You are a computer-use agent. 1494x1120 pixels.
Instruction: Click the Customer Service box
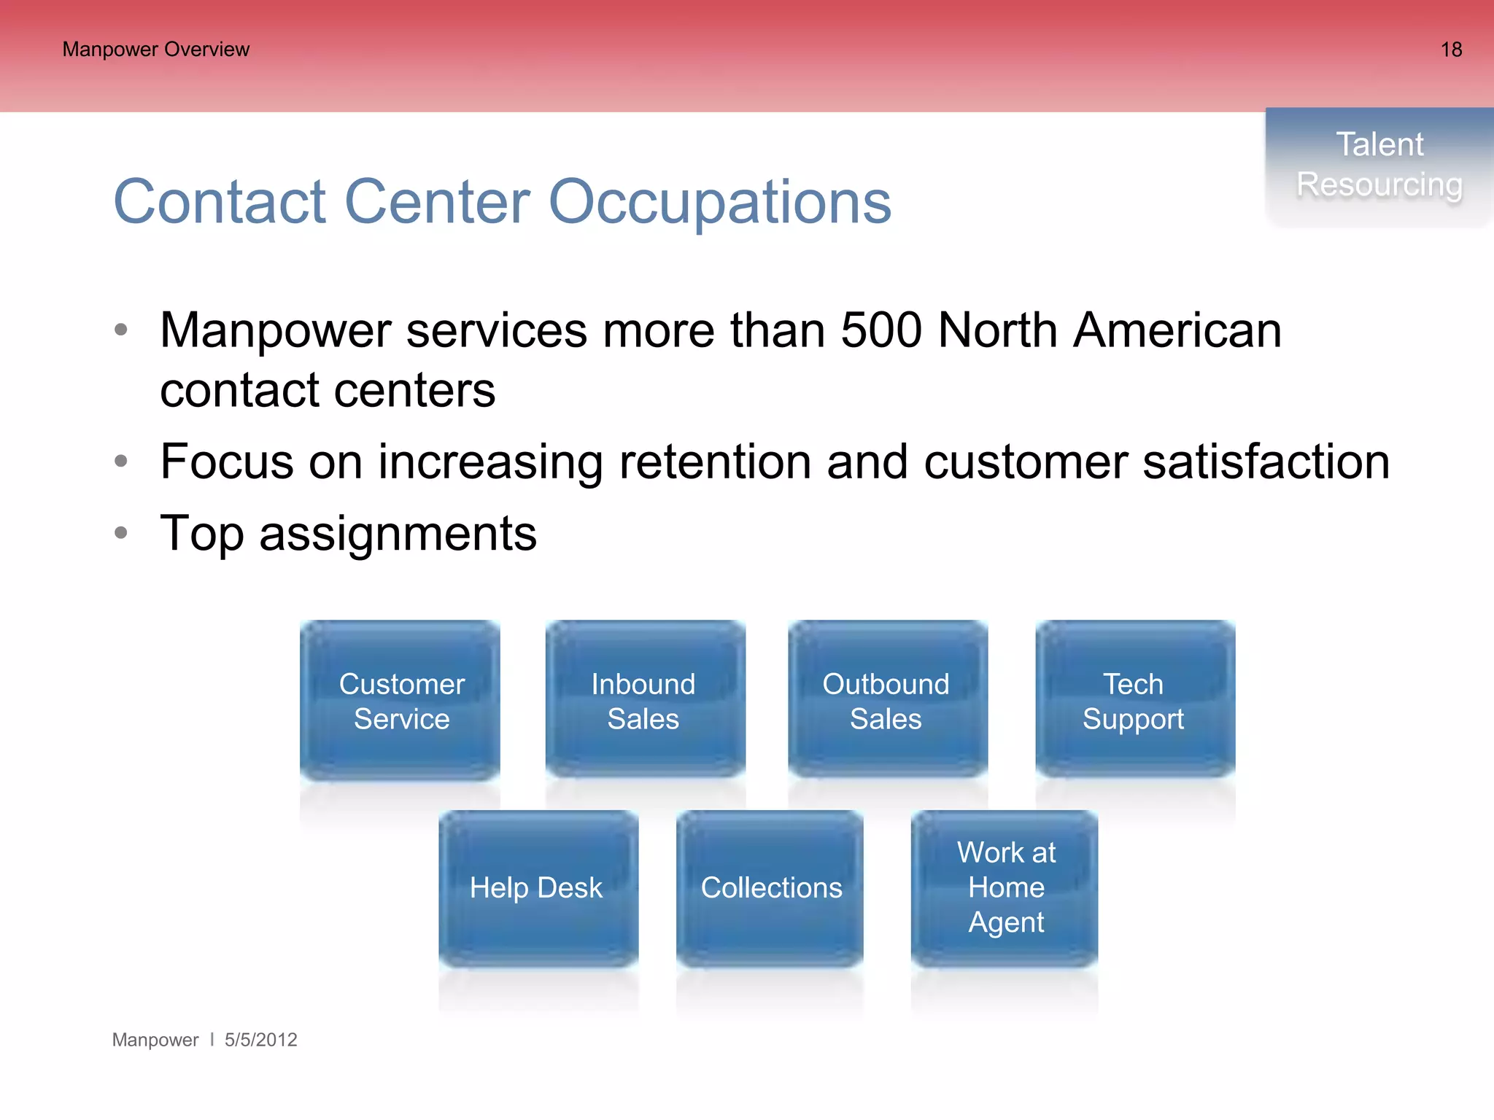[x=400, y=701]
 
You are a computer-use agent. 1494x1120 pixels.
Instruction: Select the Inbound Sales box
[x=645, y=701]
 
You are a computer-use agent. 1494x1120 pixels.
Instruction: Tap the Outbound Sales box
[x=887, y=701]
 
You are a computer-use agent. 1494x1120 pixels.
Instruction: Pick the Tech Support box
[x=1134, y=701]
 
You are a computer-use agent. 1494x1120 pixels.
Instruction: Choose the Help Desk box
[x=538, y=888]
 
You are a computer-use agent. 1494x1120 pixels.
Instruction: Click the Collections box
[x=770, y=888]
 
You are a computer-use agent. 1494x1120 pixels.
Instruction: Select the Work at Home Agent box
[x=1005, y=888]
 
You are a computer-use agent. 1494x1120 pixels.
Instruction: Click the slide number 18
[x=1451, y=50]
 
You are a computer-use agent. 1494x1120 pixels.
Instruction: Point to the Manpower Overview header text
[x=156, y=50]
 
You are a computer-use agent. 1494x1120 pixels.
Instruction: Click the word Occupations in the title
[x=719, y=203]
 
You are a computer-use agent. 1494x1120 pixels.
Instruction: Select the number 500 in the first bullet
[x=881, y=331]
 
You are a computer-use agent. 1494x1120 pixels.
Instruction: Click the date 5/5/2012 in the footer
[x=260, y=1040]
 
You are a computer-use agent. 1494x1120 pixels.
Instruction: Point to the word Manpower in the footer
[x=155, y=1040]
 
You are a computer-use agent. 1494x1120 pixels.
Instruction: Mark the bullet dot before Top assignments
[x=121, y=533]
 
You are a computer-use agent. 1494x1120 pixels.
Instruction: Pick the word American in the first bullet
[x=1177, y=331]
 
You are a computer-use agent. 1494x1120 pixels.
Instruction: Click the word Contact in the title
[x=220, y=203]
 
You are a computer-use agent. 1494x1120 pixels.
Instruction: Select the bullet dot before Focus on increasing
[x=121, y=461]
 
